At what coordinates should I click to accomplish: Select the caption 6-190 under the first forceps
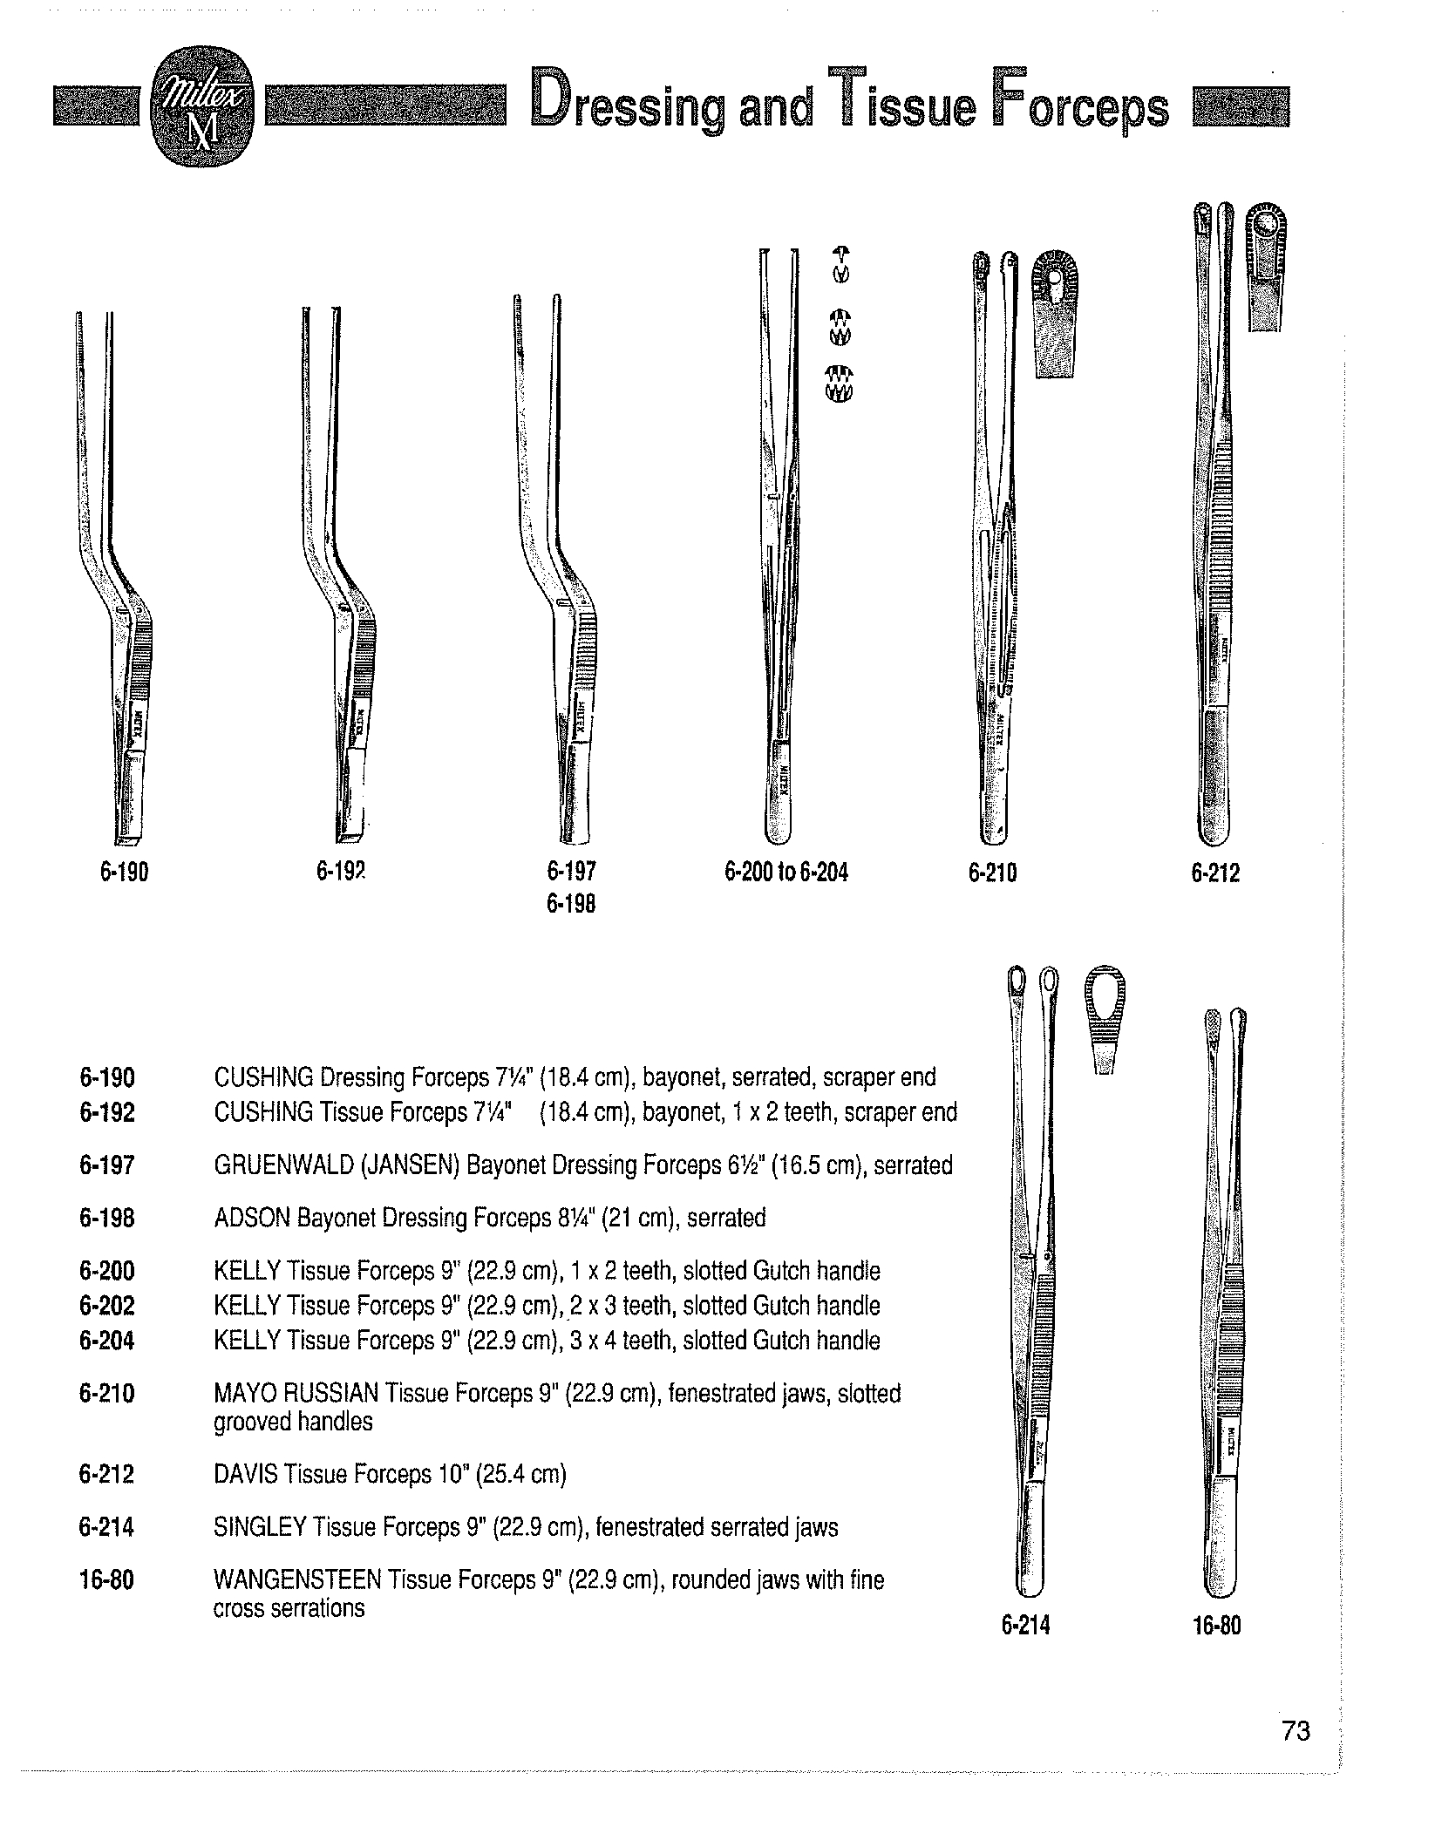tap(124, 872)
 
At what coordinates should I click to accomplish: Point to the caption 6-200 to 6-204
tap(786, 872)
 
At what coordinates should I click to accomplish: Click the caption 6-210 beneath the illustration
tap(992, 872)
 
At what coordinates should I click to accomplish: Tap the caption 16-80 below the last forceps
tap(1217, 1626)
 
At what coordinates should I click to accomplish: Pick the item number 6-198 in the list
tap(107, 1218)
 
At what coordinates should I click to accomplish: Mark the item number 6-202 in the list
tap(107, 1306)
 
